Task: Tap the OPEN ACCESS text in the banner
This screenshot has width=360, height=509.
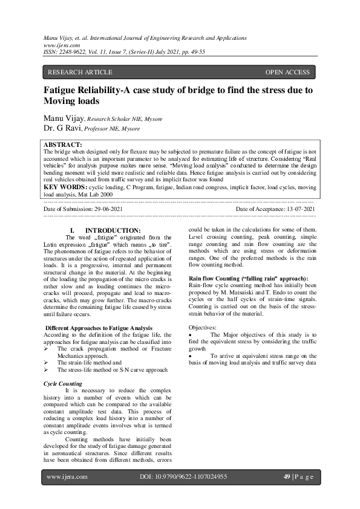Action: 287,73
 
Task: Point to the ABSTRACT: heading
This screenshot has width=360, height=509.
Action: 64,145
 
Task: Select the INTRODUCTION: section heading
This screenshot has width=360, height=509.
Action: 113,230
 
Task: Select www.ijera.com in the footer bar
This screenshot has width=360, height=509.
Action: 67,477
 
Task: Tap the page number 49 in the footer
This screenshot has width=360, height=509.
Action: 287,477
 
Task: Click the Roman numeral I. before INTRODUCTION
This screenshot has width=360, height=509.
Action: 73,230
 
